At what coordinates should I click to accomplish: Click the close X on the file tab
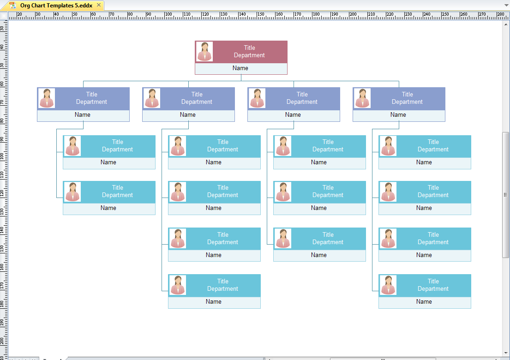coord(98,5)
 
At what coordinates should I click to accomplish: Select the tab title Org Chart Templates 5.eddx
coord(56,6)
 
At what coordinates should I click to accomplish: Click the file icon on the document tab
coord(13,6)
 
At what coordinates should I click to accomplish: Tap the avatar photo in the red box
coord(204,52)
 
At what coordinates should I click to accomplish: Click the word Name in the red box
coord(240,68)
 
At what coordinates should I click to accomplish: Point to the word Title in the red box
coord(249,48)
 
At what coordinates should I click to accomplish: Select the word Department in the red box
coord(249,55)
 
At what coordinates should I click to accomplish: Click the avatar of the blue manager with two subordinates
coord(46,98)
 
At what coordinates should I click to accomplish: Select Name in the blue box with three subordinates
coord(293,115)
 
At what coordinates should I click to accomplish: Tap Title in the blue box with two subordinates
coord(92,95)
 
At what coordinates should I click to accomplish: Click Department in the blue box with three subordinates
coord(302,102)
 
